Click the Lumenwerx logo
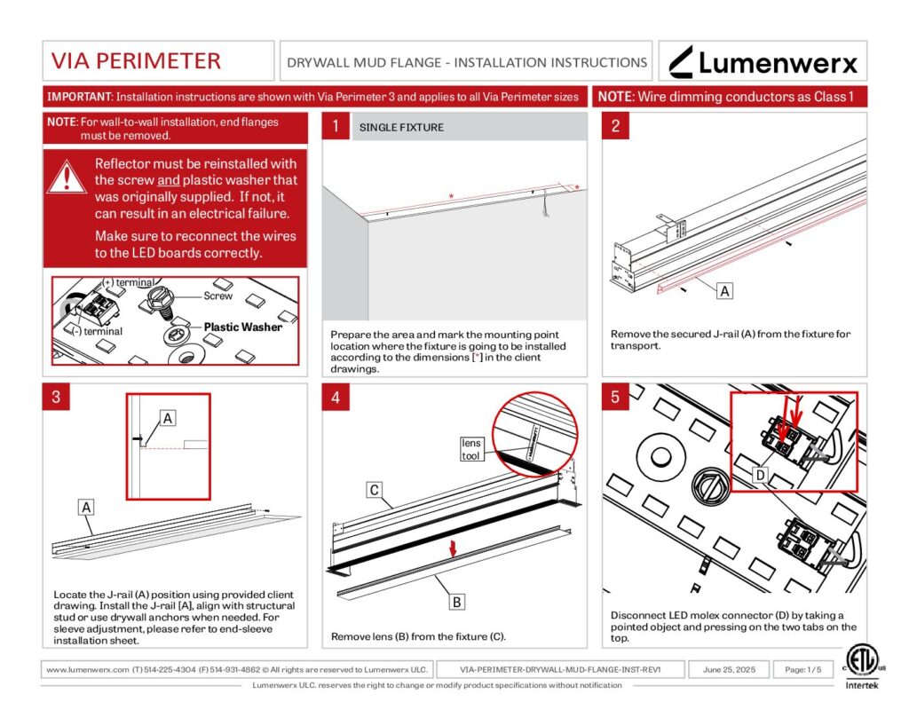[763, 62]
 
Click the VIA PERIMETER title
[136, 61]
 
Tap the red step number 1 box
[335, 127]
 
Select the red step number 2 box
[615, 127]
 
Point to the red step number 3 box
[55, 397]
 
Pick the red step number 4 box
[335, 397]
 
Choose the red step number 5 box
[615, 397]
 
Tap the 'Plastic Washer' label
[242, 327]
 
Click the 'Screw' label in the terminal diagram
[217, 296]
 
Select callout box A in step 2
[724, 290]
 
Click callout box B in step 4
[456, 603]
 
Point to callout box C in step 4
[375, 489]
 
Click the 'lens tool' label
[470, 449]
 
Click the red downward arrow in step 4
[454, 549]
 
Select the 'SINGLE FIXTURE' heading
[401, 128]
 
